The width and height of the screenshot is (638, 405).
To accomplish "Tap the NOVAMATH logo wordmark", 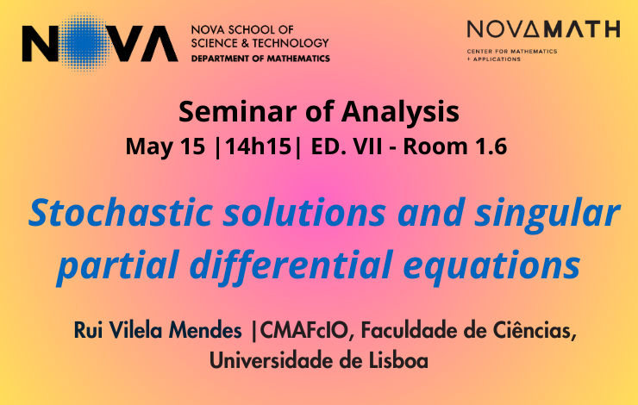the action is point(544,29).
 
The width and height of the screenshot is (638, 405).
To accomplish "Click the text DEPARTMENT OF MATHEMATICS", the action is point(260,59).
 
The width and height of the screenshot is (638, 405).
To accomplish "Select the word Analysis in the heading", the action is point(400,112).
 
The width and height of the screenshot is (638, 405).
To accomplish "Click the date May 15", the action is point(166,146).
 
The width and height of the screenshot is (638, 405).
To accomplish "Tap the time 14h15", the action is point(258,146).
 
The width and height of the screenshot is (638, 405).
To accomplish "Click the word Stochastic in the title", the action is point(121,212).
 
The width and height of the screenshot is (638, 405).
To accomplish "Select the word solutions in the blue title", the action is point(304,212).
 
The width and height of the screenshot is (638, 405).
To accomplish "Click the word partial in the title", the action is point(118,266).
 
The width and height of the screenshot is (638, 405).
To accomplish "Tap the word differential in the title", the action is point(291,266).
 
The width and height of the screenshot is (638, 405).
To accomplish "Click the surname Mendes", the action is point(205,330).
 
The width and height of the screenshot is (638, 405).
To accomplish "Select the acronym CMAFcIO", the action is point(304,330).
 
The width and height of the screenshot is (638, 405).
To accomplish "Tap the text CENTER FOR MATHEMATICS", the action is point(512,51).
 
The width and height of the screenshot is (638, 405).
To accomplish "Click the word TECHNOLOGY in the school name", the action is point(291,43).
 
